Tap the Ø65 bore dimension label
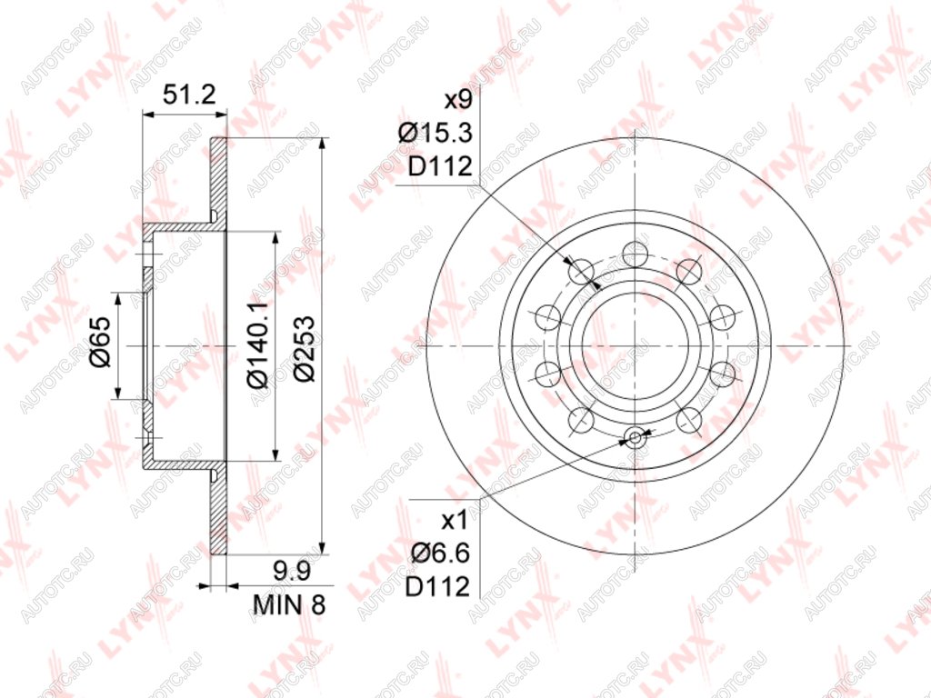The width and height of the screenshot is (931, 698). pos(100,343)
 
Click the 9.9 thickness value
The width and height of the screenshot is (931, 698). pos(292,573)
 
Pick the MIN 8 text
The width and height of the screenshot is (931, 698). pos(289,604)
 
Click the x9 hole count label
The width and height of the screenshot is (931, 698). pos(458,100)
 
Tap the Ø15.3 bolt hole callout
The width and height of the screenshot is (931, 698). pos(435,133)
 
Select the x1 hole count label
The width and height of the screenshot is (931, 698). pos(455,522)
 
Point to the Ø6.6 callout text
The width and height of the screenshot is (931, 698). pos(441,554)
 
